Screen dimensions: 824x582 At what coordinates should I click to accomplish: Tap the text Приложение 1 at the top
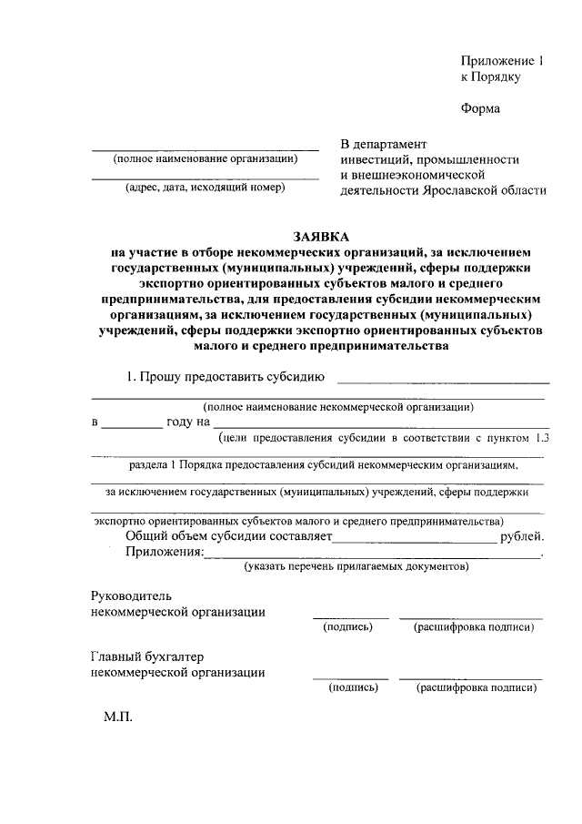pyautogui.click(x=501, y=61)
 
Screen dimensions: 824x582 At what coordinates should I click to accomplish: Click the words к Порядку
pyautogui.click(x=490, y=77)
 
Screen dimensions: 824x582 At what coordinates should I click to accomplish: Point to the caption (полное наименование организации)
pyautogui.click(x=206, y=158)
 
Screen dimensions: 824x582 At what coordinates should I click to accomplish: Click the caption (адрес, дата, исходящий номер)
pyautogui.click(x=206, y=188)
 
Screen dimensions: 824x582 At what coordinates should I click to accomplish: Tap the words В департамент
pyautogui.click(x=383, y=144)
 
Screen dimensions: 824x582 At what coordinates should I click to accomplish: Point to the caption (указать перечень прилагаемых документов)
pyautogui.click(x=356, y=567)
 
